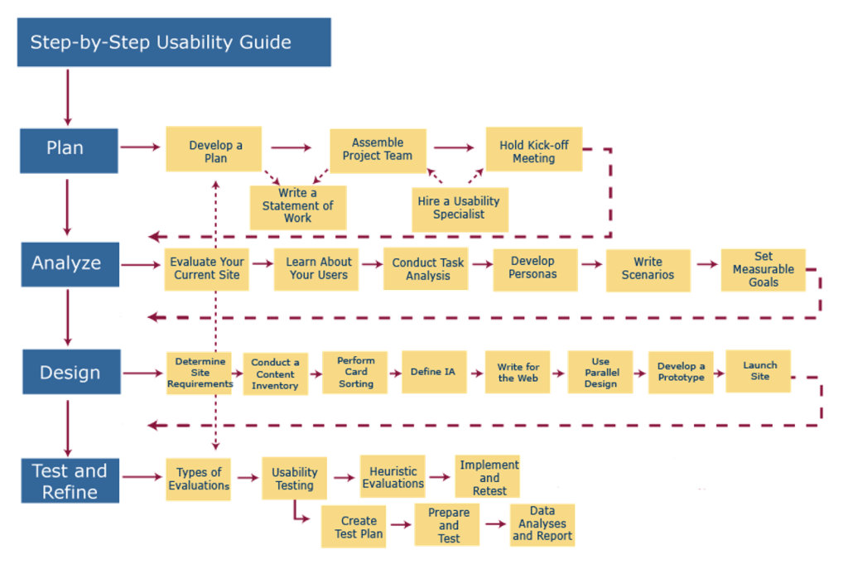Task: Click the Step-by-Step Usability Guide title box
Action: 174,42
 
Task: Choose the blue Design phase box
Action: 70,373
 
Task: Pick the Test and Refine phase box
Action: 70,481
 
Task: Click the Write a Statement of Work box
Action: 298,206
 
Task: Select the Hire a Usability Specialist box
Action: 459,208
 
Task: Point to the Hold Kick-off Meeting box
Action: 533,151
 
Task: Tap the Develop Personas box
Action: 535,268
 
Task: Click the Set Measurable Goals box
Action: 763,270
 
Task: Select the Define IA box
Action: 433,372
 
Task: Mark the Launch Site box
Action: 758,371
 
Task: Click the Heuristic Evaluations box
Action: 393,478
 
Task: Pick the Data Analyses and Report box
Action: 542,524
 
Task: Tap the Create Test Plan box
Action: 359,527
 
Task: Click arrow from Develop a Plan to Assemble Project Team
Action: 291,148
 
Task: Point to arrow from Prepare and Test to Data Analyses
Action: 495,524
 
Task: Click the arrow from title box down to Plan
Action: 67,97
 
